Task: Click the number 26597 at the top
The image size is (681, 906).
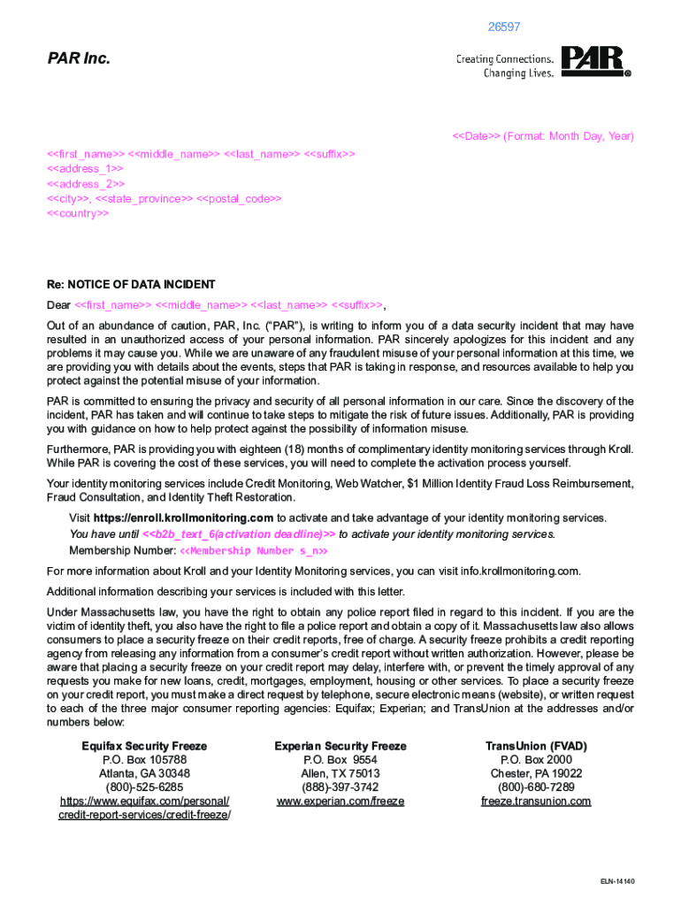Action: pos(504,27)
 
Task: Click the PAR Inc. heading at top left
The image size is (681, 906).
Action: pos(79,59)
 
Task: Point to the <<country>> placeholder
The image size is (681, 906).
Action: pos(78,214)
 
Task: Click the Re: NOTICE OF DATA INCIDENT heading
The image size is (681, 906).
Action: pos(131,285)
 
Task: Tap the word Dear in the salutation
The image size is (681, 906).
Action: pos(58,305)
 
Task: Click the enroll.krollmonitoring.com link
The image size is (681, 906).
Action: pos(183,518)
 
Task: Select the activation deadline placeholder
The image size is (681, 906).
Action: pos(239,534)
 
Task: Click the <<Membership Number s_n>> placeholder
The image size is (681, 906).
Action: pos(254,551)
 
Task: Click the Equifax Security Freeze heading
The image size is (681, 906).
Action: pos(145,746)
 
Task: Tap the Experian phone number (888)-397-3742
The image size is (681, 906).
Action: pos(340,787)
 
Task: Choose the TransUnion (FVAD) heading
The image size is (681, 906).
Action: pos(536,746)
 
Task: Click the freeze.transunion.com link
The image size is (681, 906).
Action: pos(536,801)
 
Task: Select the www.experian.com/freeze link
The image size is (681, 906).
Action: pos(340,801)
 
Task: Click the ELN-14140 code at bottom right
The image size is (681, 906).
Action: pos(617,881)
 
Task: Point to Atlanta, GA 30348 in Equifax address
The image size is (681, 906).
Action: pos(145,773)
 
